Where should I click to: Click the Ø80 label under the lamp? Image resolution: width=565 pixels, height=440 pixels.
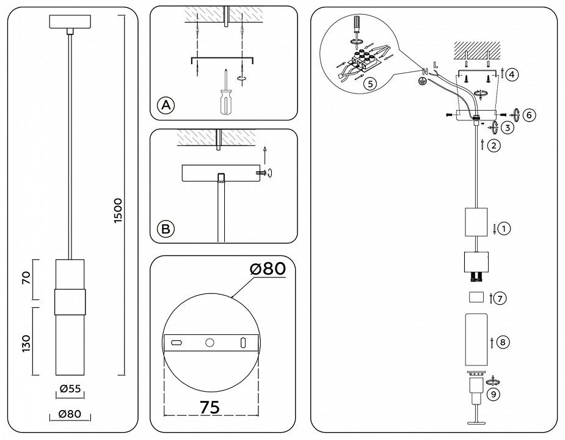(70, 414)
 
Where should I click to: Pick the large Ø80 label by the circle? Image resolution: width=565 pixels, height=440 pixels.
(266, 269)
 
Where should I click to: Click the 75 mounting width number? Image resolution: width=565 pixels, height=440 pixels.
(210, 407)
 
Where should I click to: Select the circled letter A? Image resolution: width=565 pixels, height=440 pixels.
(166, 105)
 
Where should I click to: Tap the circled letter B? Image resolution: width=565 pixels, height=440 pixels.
(166, 229)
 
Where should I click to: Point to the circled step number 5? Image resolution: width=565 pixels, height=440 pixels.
(368, 84)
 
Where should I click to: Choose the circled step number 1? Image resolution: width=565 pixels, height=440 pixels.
(503, 229)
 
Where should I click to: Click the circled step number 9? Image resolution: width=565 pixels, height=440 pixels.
(493, 394)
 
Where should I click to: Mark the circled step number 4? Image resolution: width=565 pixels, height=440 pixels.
(512, 75)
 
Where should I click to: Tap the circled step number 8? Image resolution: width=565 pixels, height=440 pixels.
(502, 342)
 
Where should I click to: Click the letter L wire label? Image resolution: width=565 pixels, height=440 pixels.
(435, 64)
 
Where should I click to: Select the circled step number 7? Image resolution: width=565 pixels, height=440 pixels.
(500, 299)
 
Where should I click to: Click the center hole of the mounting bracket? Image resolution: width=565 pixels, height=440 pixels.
(210, 343)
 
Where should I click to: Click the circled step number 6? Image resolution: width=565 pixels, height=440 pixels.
(529, 115)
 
